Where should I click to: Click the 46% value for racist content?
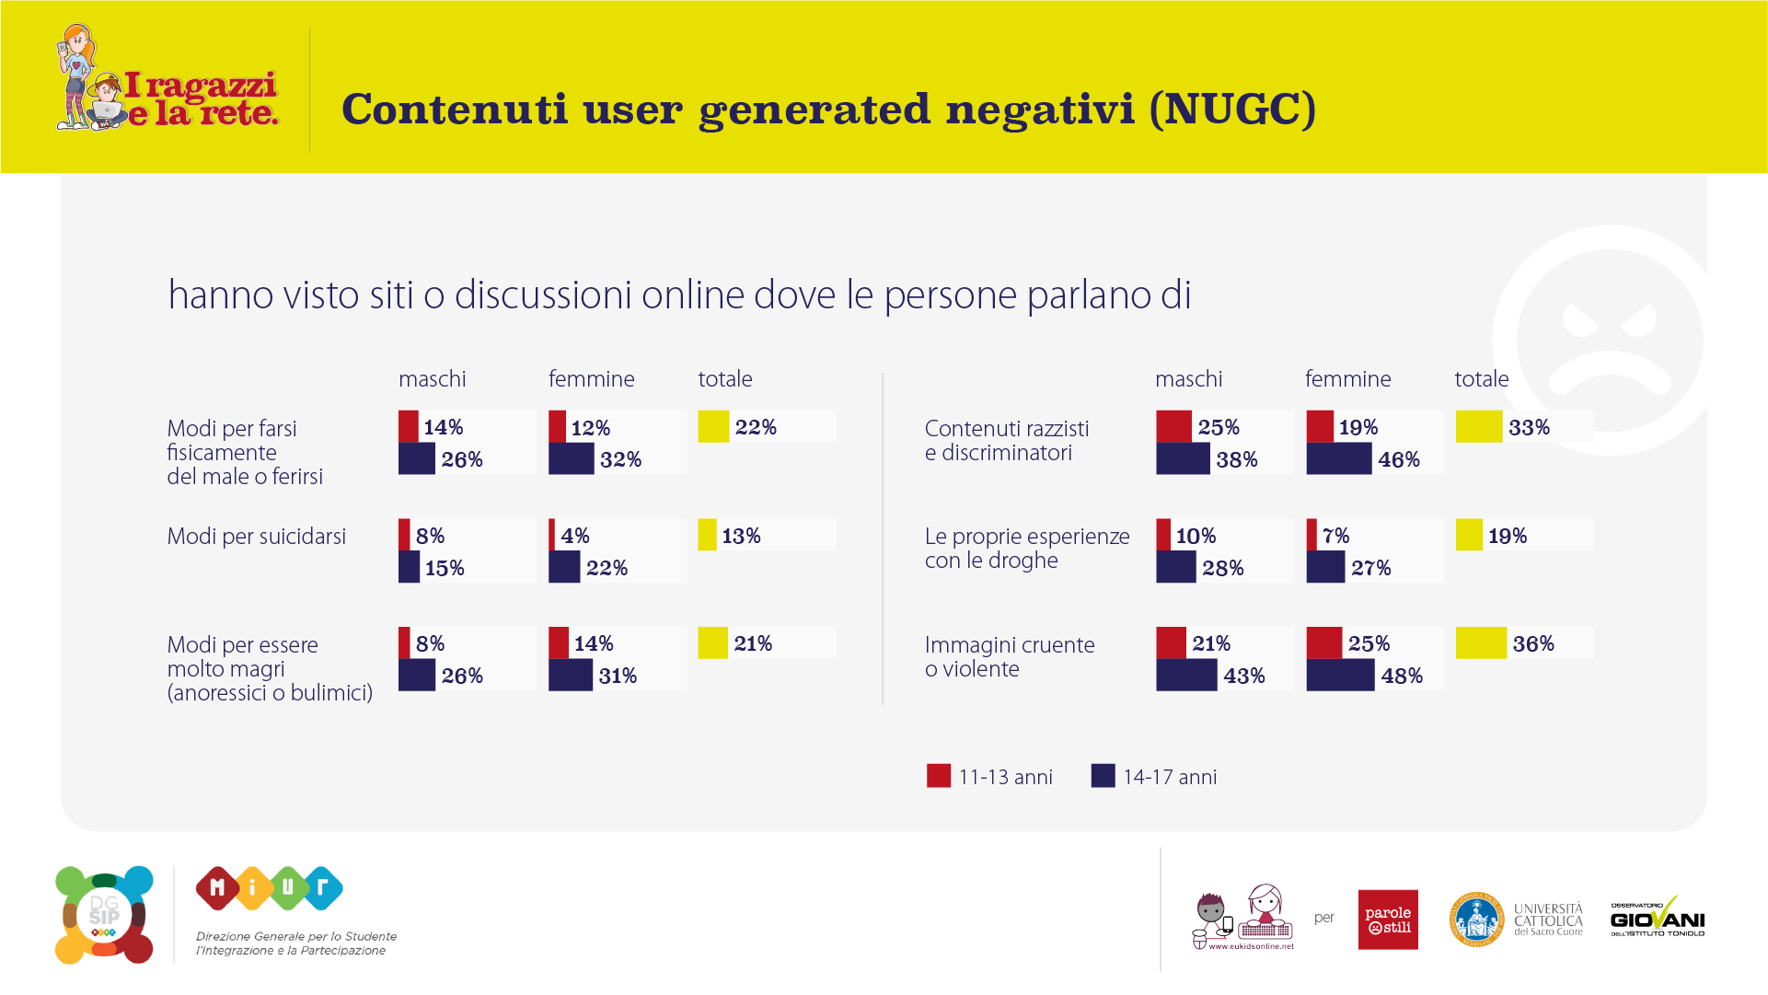point(1398,459)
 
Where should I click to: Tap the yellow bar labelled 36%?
point(1481,643)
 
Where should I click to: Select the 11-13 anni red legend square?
point(938,776)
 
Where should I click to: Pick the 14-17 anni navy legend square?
point(1103,776)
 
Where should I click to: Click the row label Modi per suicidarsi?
point(256,536)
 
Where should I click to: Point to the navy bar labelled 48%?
point(1339,676)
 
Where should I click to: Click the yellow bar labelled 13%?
point(707,535)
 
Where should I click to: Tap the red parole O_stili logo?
point(1388,919)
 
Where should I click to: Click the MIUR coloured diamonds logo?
point(269,888)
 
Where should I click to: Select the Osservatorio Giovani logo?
point(1657,918)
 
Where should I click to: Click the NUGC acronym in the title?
point(1233,109)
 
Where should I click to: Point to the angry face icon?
point(1609,341)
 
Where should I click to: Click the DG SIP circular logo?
point(104,915)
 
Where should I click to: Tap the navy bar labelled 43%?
point(1186,676)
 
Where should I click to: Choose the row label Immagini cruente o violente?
point(1009,656)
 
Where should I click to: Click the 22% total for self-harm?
point(756,427)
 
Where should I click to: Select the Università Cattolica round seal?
point(1476,919)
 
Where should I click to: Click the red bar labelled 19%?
point(1320,427)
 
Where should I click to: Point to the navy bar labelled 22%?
point(563,567)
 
